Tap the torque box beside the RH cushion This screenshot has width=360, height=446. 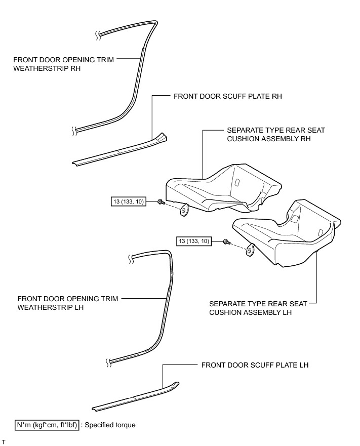[x=128, y=202]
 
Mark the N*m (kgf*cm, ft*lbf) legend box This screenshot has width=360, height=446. [x=47, y=425]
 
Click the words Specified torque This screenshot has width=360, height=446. [x=110, y=425]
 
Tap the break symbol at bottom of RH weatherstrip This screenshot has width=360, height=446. [x=74, y=130]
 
